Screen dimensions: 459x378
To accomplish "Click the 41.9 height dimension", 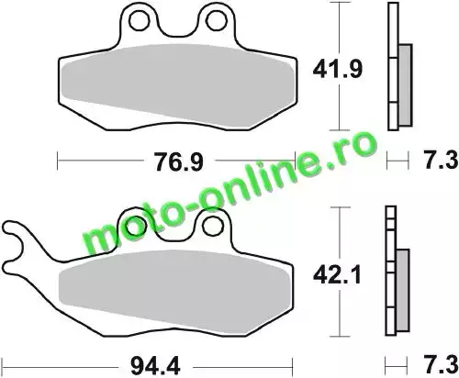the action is [x=338, y=70].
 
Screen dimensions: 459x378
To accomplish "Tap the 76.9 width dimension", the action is [x=179, y=162].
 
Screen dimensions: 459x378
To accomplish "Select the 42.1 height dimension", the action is [x=337, y=275].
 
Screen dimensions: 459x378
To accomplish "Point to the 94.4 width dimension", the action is [x=155, y=366].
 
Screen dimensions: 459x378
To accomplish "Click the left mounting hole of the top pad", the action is [x=139, y=21].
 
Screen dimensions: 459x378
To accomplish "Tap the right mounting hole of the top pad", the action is [x=217, y=21].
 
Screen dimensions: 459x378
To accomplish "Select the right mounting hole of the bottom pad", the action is [x=213, y=226].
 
